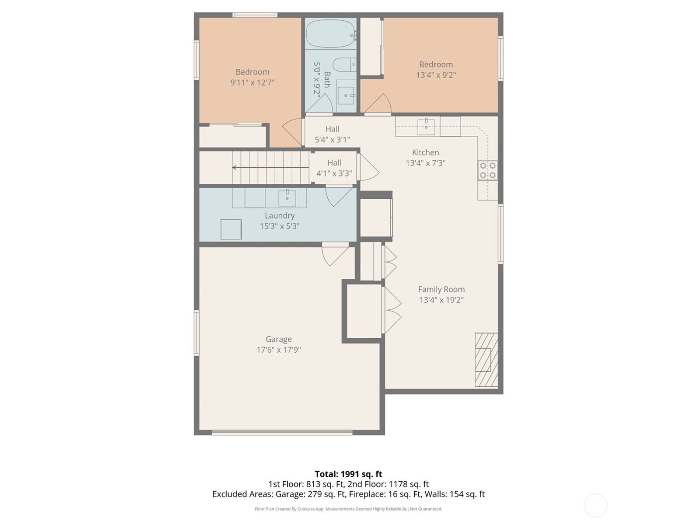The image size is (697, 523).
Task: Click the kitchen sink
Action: point(426,127)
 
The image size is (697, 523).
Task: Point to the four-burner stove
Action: point(488,170)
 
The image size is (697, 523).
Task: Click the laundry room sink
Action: point(287,197)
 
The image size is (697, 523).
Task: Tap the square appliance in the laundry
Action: point(231,230)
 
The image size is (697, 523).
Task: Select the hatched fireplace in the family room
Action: point(486,360)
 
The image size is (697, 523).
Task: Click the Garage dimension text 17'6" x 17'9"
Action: point(278,350)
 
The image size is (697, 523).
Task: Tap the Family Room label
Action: point(441,289)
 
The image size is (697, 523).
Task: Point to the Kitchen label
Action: point(425,152)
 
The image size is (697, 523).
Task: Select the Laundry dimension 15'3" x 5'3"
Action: point(279,226)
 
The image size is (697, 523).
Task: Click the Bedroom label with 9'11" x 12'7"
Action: point(252,77)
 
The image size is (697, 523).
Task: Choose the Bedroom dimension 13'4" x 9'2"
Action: point(436,75)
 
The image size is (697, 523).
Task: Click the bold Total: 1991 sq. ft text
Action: point(348,474)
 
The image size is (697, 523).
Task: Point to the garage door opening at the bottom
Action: point(282,432)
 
